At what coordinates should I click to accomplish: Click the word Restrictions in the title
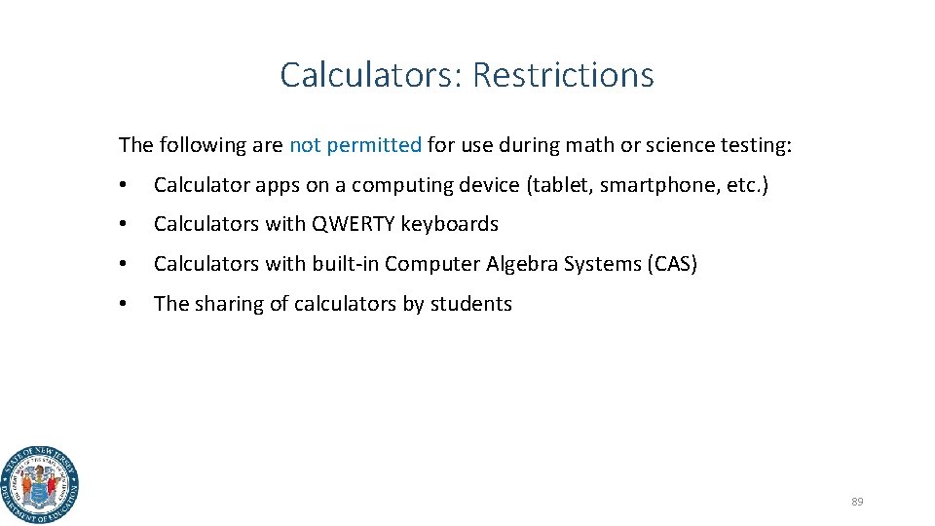(564, 75)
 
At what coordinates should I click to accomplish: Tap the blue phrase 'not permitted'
(355, 145)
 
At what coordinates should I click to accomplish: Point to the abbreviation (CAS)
(671, 264)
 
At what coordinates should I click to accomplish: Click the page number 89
(857, 502)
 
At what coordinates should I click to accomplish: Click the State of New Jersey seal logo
(40, 485)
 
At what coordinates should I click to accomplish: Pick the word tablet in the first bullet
(560, 185)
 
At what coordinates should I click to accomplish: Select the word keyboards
(450, 224)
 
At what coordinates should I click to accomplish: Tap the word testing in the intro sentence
(756, 145)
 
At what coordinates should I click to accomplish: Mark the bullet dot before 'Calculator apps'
(123, 185)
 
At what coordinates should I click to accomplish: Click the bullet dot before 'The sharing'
(123, 304)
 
